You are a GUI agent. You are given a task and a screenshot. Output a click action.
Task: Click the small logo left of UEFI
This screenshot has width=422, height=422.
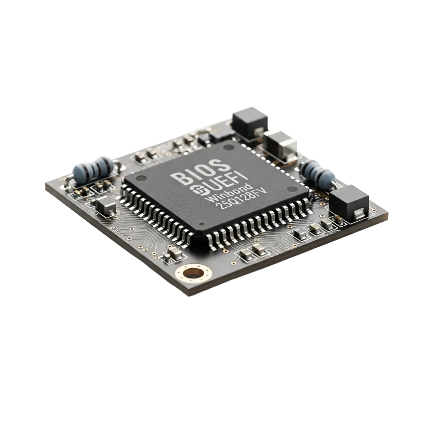click(198, 190)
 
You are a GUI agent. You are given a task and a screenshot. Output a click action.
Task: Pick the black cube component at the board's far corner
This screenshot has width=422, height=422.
click(250, 123)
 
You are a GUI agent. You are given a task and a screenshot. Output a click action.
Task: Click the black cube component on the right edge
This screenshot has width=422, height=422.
click(349, 202)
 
